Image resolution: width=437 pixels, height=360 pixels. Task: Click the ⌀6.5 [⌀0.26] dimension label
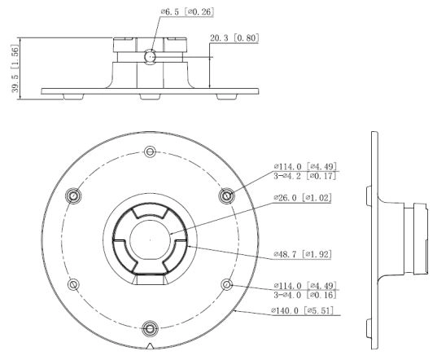click(187, 11)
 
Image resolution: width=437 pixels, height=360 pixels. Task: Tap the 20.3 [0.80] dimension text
click(234, 38)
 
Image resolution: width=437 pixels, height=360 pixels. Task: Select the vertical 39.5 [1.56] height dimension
click(15, 68)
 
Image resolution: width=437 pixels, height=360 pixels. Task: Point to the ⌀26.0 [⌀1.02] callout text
click(303, 198)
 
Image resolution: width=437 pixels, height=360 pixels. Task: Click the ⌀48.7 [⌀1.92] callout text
click(303, 254)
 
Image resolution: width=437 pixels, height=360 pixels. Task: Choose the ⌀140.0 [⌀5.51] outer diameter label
click(302, 310)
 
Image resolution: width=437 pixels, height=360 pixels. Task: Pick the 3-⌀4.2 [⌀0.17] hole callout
click(305, 176)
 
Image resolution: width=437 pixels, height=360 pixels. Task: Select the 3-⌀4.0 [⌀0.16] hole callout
click(305, 295)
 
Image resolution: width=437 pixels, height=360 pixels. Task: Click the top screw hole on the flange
click(150, 151)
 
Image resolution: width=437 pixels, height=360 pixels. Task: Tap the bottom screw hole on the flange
click(150, 329)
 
